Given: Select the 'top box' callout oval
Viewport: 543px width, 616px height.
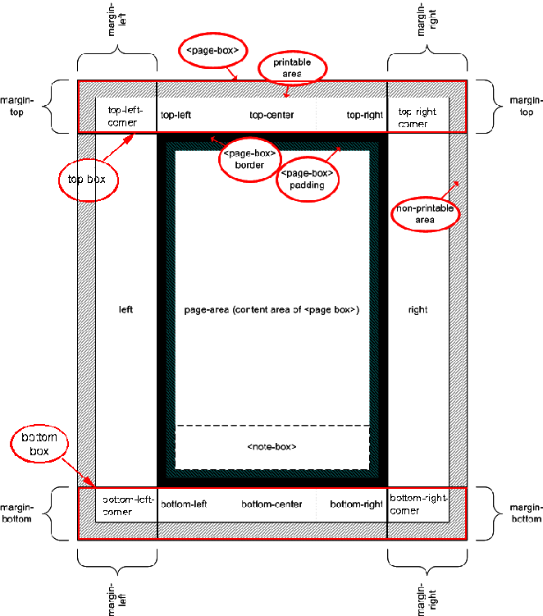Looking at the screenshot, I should pyautogui.click(x=85, y=176).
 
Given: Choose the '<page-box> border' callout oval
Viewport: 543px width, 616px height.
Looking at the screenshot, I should pyautogui.click(x=249, y=158).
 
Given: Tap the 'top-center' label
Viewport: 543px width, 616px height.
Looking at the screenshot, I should pyautogui.click(x=271, y=116).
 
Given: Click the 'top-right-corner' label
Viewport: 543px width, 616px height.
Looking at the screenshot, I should pyautogui.click(x=418, y=116).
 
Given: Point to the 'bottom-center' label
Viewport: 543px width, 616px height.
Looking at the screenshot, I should pyautogui.click(x=273, y=504).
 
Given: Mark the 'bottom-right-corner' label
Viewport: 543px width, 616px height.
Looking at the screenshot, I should pyautogui.click(x=418, y=504).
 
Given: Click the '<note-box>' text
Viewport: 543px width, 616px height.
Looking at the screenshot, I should pyautogui.click(x=271, y=446).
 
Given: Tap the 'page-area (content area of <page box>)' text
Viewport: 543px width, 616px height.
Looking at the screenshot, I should pyautogui.click(x=271, y=310).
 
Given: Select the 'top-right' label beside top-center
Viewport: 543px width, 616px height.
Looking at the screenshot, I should pyautogui.click(x=364, y=116).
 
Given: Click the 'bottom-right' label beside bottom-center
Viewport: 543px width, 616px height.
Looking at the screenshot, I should pyautogui.click(x=357, y=504).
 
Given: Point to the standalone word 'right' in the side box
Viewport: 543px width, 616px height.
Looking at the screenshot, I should pyautogui.click(x=418, y=310).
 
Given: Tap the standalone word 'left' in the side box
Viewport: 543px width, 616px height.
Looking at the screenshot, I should pyautogui.click(x=125, y=310).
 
